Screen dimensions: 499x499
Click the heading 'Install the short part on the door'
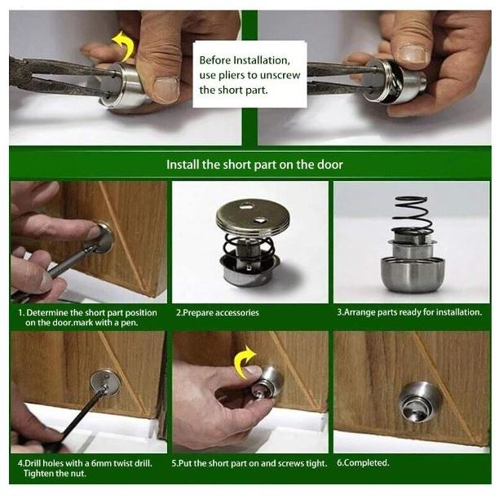tap(254, 165)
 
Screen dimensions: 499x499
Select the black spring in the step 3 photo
tap(411, 216)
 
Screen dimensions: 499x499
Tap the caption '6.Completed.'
tap(363, 462)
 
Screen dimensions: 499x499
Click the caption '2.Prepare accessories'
tap(218, 312)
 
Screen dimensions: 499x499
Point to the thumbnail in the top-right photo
tap(412, 53)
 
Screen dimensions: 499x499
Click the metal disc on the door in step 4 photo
tap(105, 383)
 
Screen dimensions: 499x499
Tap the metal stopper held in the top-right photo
tap(395, 82)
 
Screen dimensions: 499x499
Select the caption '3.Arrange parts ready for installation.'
tap(409, 312)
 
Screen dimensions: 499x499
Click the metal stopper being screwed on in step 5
tap(268, 382)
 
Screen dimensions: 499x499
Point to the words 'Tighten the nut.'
tap(55, 474)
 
